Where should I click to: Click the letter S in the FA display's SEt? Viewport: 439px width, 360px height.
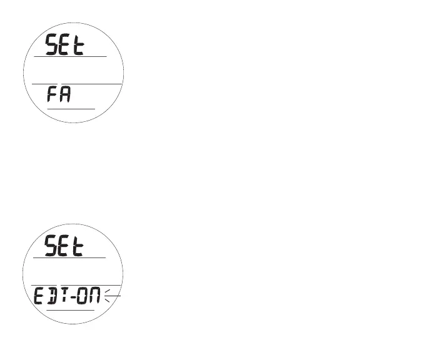tap(53, 45)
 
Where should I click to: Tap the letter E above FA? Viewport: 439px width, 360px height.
tap(66, 45)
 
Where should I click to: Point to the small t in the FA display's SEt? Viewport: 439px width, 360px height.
tap(78, 46)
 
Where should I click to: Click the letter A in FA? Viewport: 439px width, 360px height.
tap(65, 96)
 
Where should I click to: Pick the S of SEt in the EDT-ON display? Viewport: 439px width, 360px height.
tap(53, 246)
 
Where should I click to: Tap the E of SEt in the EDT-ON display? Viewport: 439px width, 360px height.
tap(66, 246)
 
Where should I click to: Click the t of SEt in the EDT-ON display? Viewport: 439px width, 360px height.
tap(78, 247)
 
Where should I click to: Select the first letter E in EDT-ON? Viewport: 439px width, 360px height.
tap(39, 297)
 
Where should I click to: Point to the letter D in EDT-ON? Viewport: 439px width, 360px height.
tap(53, 297)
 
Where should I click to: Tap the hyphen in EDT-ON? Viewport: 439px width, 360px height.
tap(72, 297)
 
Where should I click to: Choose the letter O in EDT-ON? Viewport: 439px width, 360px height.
tap(82, 297)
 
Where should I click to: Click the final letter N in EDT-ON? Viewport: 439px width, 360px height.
tap(95, 297)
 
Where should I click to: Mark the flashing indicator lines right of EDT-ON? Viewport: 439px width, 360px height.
tap(112, 297)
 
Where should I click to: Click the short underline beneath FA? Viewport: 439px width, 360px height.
tap(71, 109)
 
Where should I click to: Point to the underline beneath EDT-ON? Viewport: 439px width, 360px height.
tap(71, 310)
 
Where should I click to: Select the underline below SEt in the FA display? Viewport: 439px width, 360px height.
tap(69, 56)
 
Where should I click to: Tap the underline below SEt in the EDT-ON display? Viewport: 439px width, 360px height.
tap(69, 257)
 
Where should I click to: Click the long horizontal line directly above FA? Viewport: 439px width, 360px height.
tap(75, 84)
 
